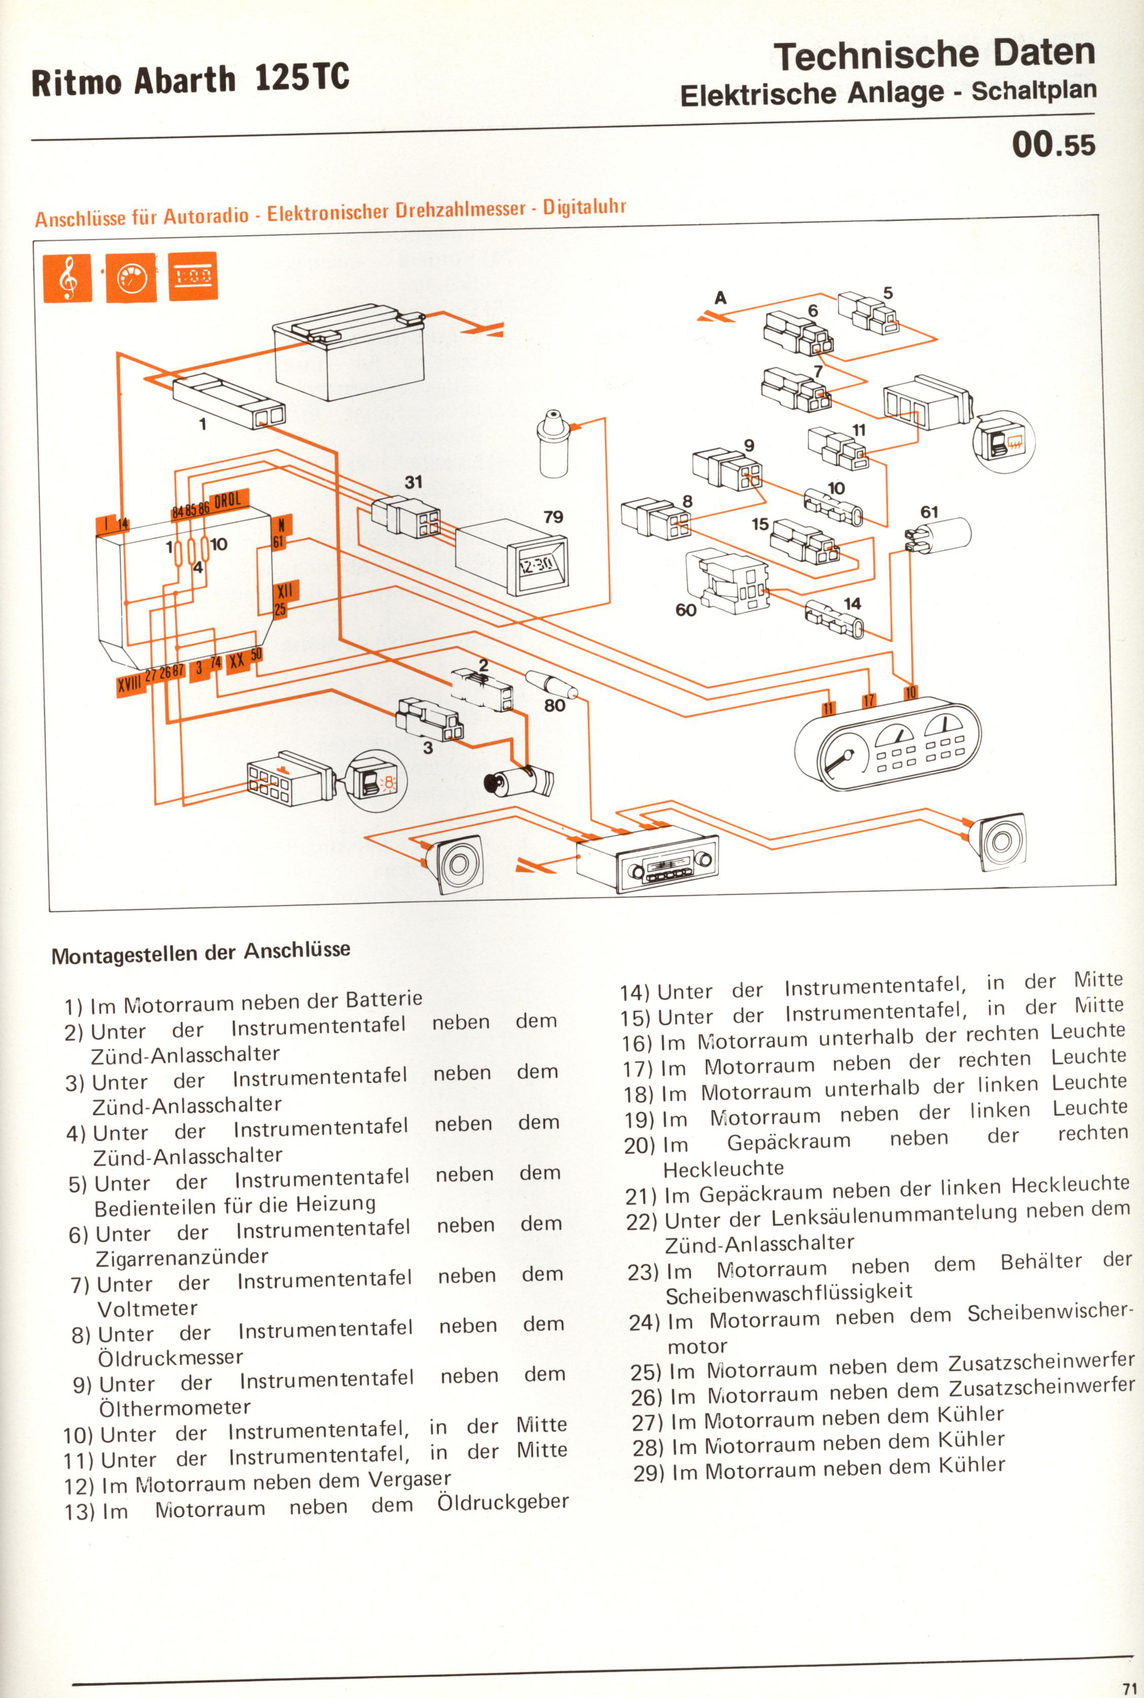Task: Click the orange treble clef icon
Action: coord(68,278)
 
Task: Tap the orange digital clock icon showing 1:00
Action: coord(193,276)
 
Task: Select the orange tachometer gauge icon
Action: coord(131,277)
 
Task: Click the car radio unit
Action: coord(647,862)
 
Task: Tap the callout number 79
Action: coord(553,517)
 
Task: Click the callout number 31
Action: coord(414,482)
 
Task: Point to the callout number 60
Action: coord(686,609)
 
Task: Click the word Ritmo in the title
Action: coord(77,81)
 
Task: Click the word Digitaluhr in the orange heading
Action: coord(584,208)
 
